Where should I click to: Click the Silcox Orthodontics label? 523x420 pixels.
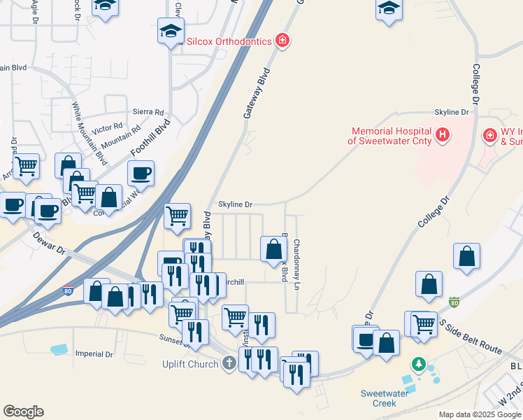227,41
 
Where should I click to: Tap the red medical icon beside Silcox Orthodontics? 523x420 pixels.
282,41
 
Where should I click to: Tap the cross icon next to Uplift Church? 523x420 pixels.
229,363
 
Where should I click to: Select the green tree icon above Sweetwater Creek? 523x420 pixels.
419,364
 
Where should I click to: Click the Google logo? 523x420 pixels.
23,412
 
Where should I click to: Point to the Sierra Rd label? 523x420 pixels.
148,112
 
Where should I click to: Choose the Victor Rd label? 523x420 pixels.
107,129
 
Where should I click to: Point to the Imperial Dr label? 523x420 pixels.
94,354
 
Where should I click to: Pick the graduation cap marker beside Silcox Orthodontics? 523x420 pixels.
170,31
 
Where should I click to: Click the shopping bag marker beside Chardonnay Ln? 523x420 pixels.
274,248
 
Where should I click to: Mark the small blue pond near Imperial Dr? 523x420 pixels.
59,349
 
